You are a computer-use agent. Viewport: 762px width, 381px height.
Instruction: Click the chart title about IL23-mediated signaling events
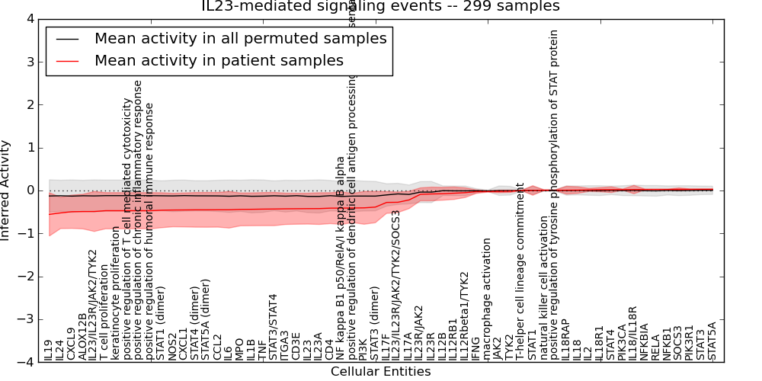[380, 6]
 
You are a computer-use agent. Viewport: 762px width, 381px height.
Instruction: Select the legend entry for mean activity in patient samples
[219, 60]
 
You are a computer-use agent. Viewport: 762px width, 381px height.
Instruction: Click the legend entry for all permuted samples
[240, 38]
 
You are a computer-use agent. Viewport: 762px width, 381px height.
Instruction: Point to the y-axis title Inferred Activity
[6, 190]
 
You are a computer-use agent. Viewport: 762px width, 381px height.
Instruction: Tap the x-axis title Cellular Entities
[380, 372]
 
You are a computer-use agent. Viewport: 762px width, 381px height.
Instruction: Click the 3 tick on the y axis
[30, 62]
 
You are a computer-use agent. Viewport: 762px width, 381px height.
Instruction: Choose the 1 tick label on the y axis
[30, 148]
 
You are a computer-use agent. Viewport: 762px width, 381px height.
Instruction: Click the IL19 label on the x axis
[49, 350]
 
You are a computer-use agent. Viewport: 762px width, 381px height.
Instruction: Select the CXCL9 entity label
[71, 344]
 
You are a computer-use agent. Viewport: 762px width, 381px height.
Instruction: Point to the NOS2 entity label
[172, 347]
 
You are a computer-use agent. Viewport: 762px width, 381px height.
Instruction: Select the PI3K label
[363, 349]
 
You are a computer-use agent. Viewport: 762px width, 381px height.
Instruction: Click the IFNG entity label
[475, 347]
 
